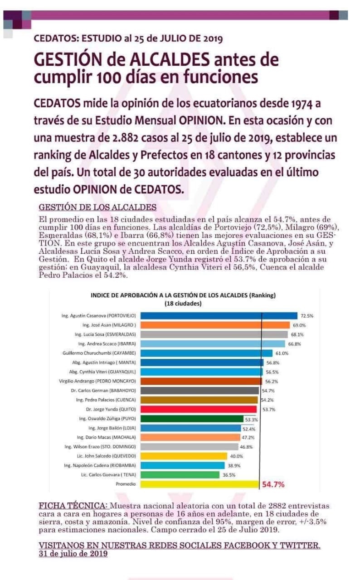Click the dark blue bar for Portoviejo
[x=219, y=316]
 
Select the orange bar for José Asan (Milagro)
[x=215, y=325]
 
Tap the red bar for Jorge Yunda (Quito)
[x=199, y=409]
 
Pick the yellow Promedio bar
[x=199, y=484]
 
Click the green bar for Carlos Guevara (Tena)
[x=180, y=474]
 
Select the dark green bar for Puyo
[x=192, y=419]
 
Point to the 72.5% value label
[x=307, y=316]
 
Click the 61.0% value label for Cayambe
[x=282, y=353]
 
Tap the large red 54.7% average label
[x=273, y=484]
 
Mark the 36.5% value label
[x=229, y=475]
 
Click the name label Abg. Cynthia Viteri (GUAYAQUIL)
[x=102, y=372]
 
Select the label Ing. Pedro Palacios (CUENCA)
[x=106, y=400]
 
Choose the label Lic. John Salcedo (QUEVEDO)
[x=107, y=456]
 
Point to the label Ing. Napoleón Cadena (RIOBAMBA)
[x=100, y=465]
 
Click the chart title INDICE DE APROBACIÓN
[x=183, y=295]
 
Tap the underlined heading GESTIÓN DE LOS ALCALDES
[x=97, y=208]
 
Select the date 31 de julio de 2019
[x=73, y=554]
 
